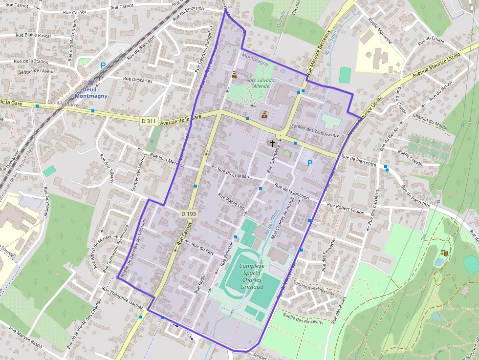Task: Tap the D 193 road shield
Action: pyautogui.click(x=188, y=213)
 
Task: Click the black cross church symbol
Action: pyautogui.click(x=272, y=143)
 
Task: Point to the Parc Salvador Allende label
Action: pyautogui.click(x=261, y=83)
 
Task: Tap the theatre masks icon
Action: pyautogui.click(x=444, y=252)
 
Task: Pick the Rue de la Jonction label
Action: pyautogui.click(x=292, y=191)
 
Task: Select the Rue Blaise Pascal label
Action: pyautogui.click(x=33, y=35)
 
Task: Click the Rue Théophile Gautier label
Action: pyautogui.click(x=122, y=297)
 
